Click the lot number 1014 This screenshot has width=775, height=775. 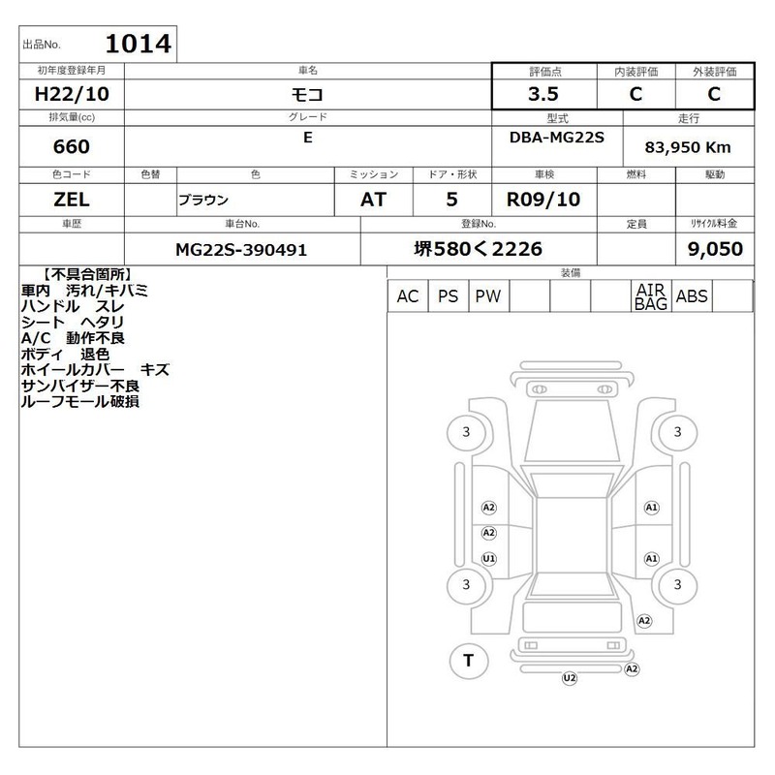139,44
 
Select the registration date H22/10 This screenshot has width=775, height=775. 72,94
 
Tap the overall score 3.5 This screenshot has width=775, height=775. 543,94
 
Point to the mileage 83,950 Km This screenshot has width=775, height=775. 688,147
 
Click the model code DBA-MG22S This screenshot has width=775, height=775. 556,138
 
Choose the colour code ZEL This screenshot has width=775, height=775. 72,200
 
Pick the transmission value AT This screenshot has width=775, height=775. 373,200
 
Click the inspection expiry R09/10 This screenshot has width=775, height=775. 543,200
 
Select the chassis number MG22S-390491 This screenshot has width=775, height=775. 241,250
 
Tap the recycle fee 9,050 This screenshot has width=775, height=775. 715,249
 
